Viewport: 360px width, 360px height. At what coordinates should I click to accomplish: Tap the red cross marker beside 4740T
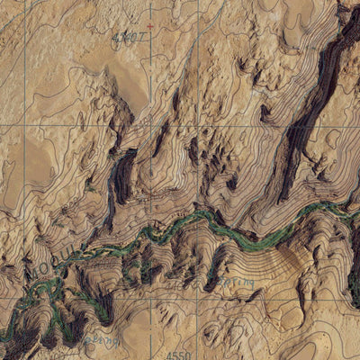[150, 25]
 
